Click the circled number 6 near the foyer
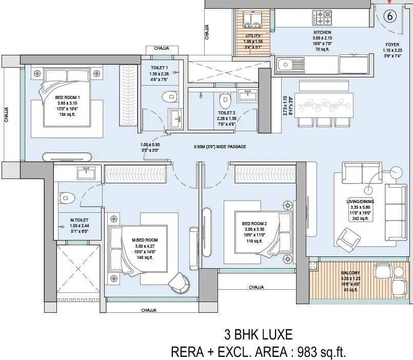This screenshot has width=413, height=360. pyautogui.click(x=390, y=16)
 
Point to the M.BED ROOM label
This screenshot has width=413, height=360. pyautogui.click(x=145, y=240)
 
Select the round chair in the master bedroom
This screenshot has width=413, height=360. pyautogui.click(x=179, y=280)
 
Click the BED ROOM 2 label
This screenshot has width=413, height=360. pyautogui.click(x=255, y=224)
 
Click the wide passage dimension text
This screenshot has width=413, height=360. pyautogui.click(x=220, y=147)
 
